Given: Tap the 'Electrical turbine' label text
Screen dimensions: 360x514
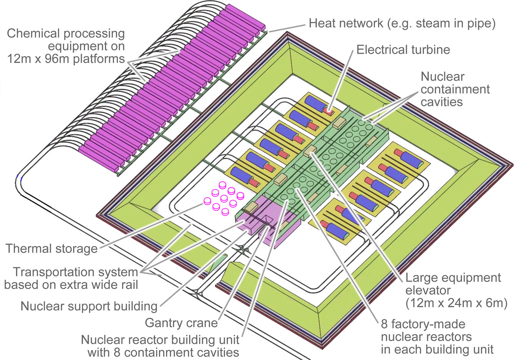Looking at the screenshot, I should [403, 50].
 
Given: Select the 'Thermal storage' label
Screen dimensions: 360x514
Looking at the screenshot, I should [51, 249].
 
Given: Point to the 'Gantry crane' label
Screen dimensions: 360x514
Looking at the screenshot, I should [181, 322].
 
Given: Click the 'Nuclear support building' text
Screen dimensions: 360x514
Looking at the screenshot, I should [89, 306].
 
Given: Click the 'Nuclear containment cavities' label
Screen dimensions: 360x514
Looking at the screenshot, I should [455, 89].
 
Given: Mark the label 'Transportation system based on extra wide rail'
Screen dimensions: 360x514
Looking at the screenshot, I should [71, 279].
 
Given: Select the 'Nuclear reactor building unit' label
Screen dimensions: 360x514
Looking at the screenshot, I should [160, 340].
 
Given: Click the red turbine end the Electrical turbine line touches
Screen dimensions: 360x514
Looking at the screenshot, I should [327, 111].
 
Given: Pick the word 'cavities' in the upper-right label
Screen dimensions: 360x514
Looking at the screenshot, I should [442, 101].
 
